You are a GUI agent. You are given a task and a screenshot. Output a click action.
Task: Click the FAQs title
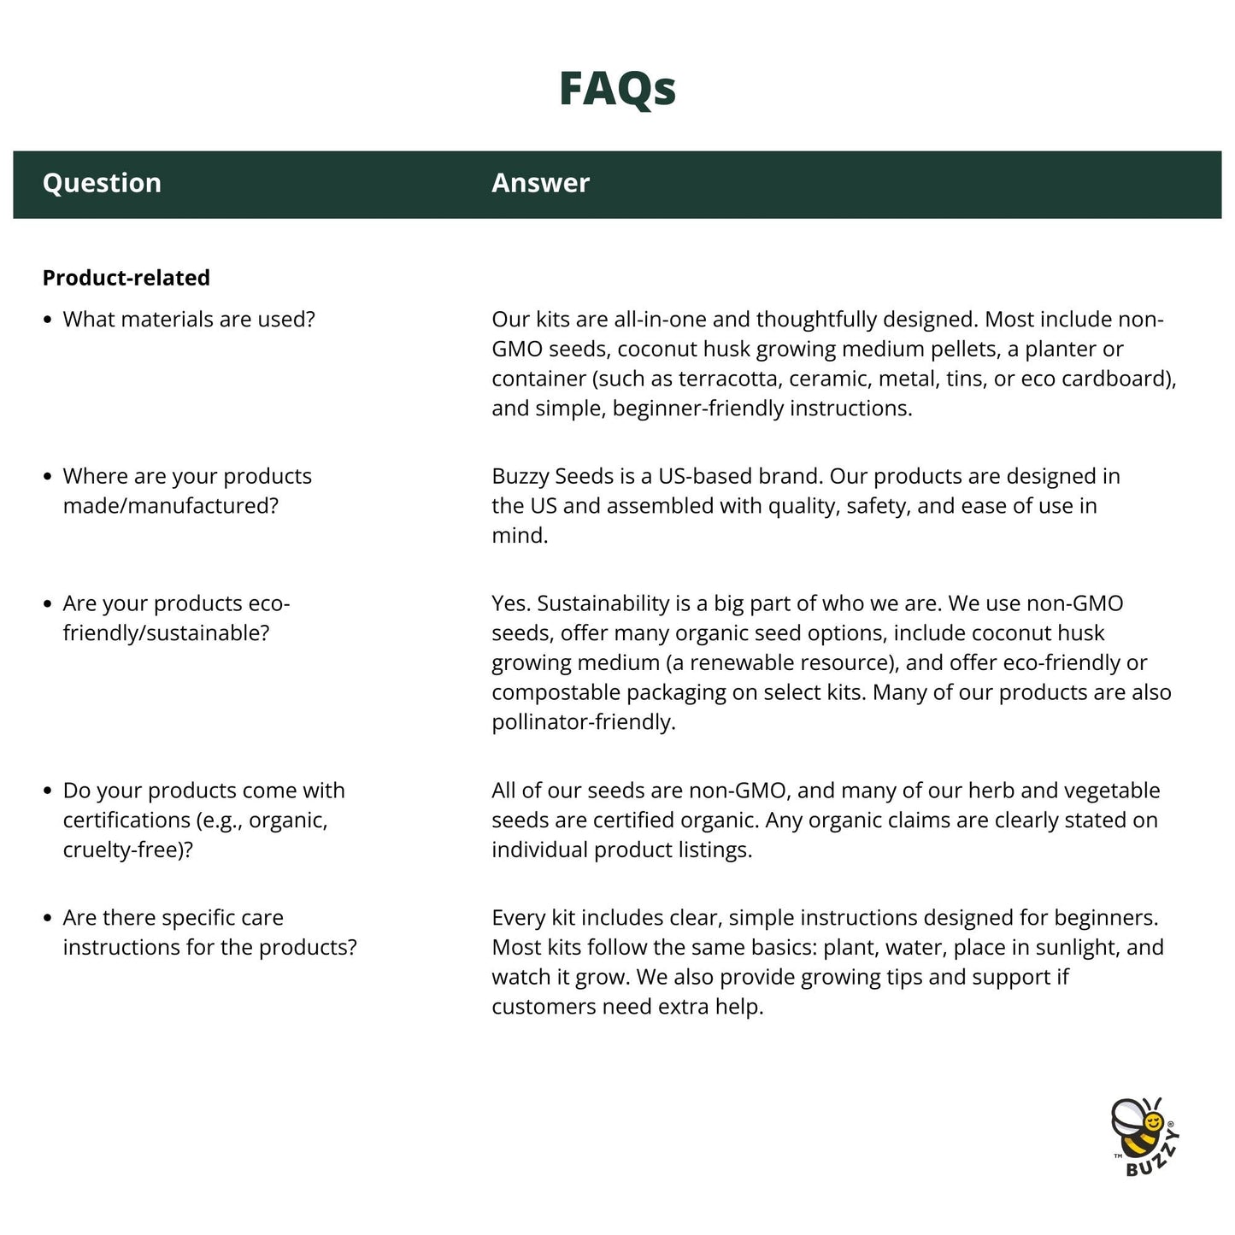point(617,88)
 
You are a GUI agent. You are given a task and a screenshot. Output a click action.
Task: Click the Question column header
point(102,183)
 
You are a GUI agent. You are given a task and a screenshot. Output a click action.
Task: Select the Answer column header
point(540,183)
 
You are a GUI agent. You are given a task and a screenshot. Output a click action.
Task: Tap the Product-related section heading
point(126,278)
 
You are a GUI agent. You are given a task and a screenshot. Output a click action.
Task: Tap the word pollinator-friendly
point(583,722)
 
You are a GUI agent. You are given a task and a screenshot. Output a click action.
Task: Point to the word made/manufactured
point(170,506)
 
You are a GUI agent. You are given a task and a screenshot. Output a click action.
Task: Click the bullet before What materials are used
point(48,320)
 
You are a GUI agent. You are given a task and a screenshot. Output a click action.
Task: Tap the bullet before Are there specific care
point(48,918)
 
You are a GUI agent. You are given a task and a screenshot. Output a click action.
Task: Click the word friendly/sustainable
point(166,633)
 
